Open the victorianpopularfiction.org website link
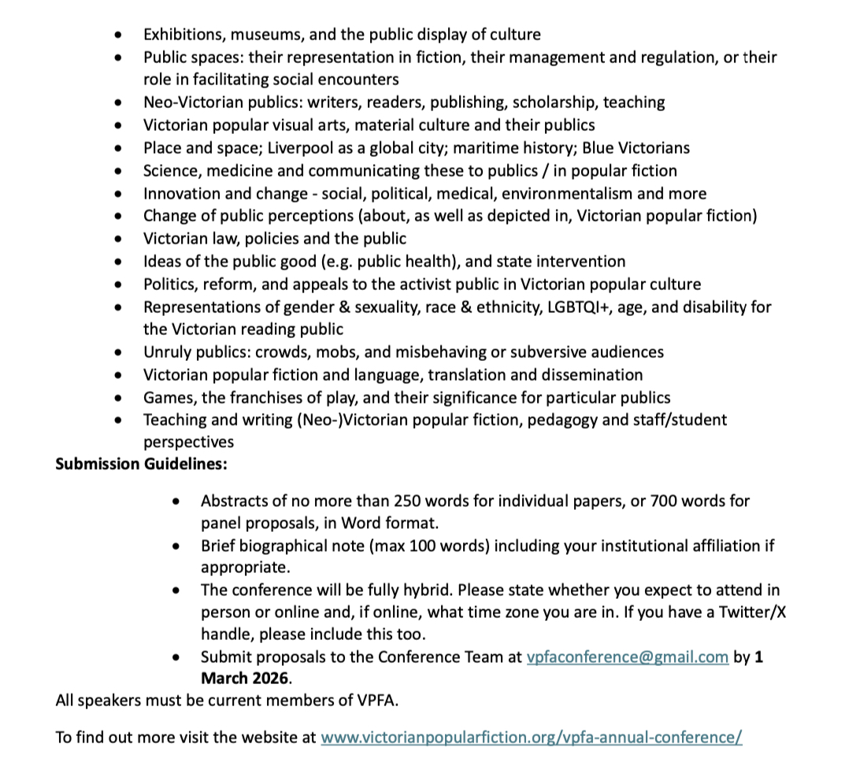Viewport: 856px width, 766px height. coord(531,738)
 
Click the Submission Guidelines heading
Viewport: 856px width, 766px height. coord(141,463)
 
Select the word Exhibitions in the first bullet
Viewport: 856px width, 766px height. coord(182,34)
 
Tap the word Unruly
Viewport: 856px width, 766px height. coord(167,352)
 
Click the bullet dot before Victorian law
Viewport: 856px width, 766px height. coord(118,239)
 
